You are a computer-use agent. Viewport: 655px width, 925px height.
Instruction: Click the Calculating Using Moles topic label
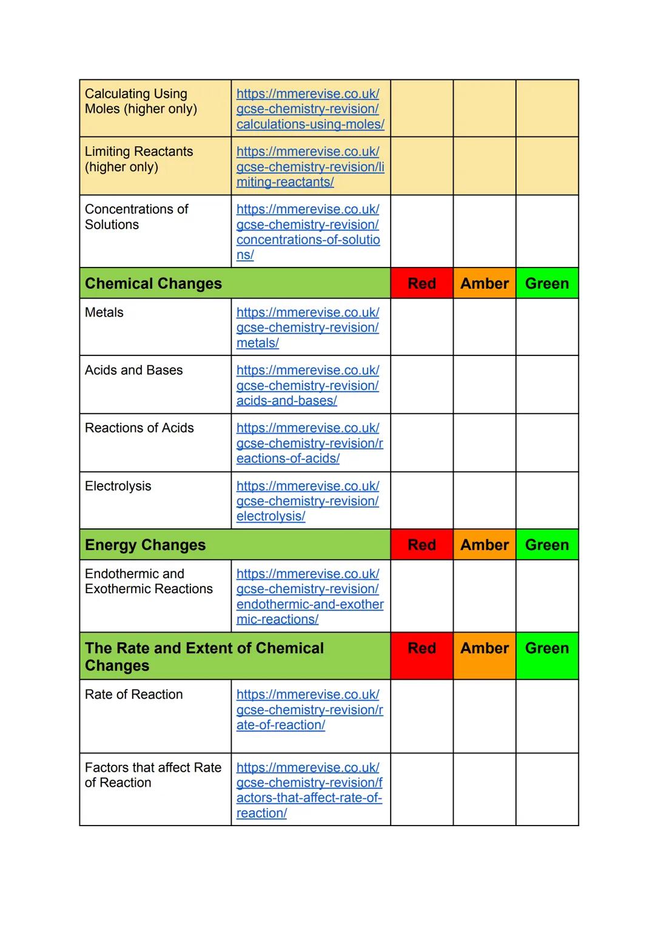141,101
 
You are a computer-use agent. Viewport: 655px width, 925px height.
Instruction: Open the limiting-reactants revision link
310,167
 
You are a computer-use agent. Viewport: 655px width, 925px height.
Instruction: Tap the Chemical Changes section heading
153,284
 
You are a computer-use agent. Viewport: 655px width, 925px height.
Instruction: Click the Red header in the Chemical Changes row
422,284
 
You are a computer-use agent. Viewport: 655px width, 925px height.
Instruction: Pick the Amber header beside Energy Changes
484,545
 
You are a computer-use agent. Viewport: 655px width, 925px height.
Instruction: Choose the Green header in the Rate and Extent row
546,648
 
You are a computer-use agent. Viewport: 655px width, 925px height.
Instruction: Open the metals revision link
307,328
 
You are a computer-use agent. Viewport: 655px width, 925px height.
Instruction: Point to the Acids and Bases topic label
133,371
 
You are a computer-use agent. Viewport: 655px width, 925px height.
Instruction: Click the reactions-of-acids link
309,443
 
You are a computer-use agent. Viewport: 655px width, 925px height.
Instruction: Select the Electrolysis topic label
118,486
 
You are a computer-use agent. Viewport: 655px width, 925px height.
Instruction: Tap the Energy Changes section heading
146,545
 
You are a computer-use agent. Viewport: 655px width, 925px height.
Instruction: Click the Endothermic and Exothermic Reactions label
149,581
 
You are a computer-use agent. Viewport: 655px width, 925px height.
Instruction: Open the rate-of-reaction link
309,710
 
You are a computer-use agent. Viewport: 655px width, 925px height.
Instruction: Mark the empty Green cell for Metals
546,327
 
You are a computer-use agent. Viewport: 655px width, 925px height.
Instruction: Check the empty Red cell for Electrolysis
422,501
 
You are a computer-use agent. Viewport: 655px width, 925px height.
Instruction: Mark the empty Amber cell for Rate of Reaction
484,716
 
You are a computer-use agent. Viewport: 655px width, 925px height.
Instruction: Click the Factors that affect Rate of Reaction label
153,775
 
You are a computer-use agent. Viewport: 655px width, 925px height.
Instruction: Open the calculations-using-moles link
310,109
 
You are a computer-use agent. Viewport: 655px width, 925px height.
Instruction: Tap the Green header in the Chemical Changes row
546,284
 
